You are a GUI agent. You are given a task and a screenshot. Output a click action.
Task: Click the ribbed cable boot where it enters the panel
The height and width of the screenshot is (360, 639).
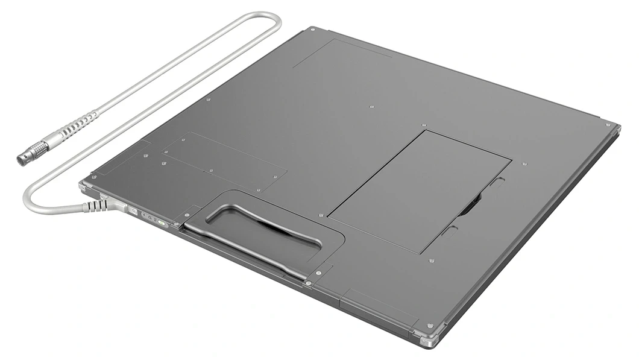pos(95,206)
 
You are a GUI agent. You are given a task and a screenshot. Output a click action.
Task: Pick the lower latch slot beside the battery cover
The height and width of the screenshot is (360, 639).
pos(449,231)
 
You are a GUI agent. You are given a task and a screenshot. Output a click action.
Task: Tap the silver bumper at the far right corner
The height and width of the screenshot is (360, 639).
pos(612,127)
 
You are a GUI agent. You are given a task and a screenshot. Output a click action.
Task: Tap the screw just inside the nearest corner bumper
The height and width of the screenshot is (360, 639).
pos(429,325)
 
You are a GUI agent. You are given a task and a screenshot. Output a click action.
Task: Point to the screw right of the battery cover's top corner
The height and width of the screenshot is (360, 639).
pos(524,163)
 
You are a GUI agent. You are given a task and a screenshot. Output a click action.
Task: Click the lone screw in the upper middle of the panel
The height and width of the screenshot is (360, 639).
pos(371,107)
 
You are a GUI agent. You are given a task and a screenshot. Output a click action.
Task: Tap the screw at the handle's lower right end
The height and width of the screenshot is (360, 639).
pos(308,282)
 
